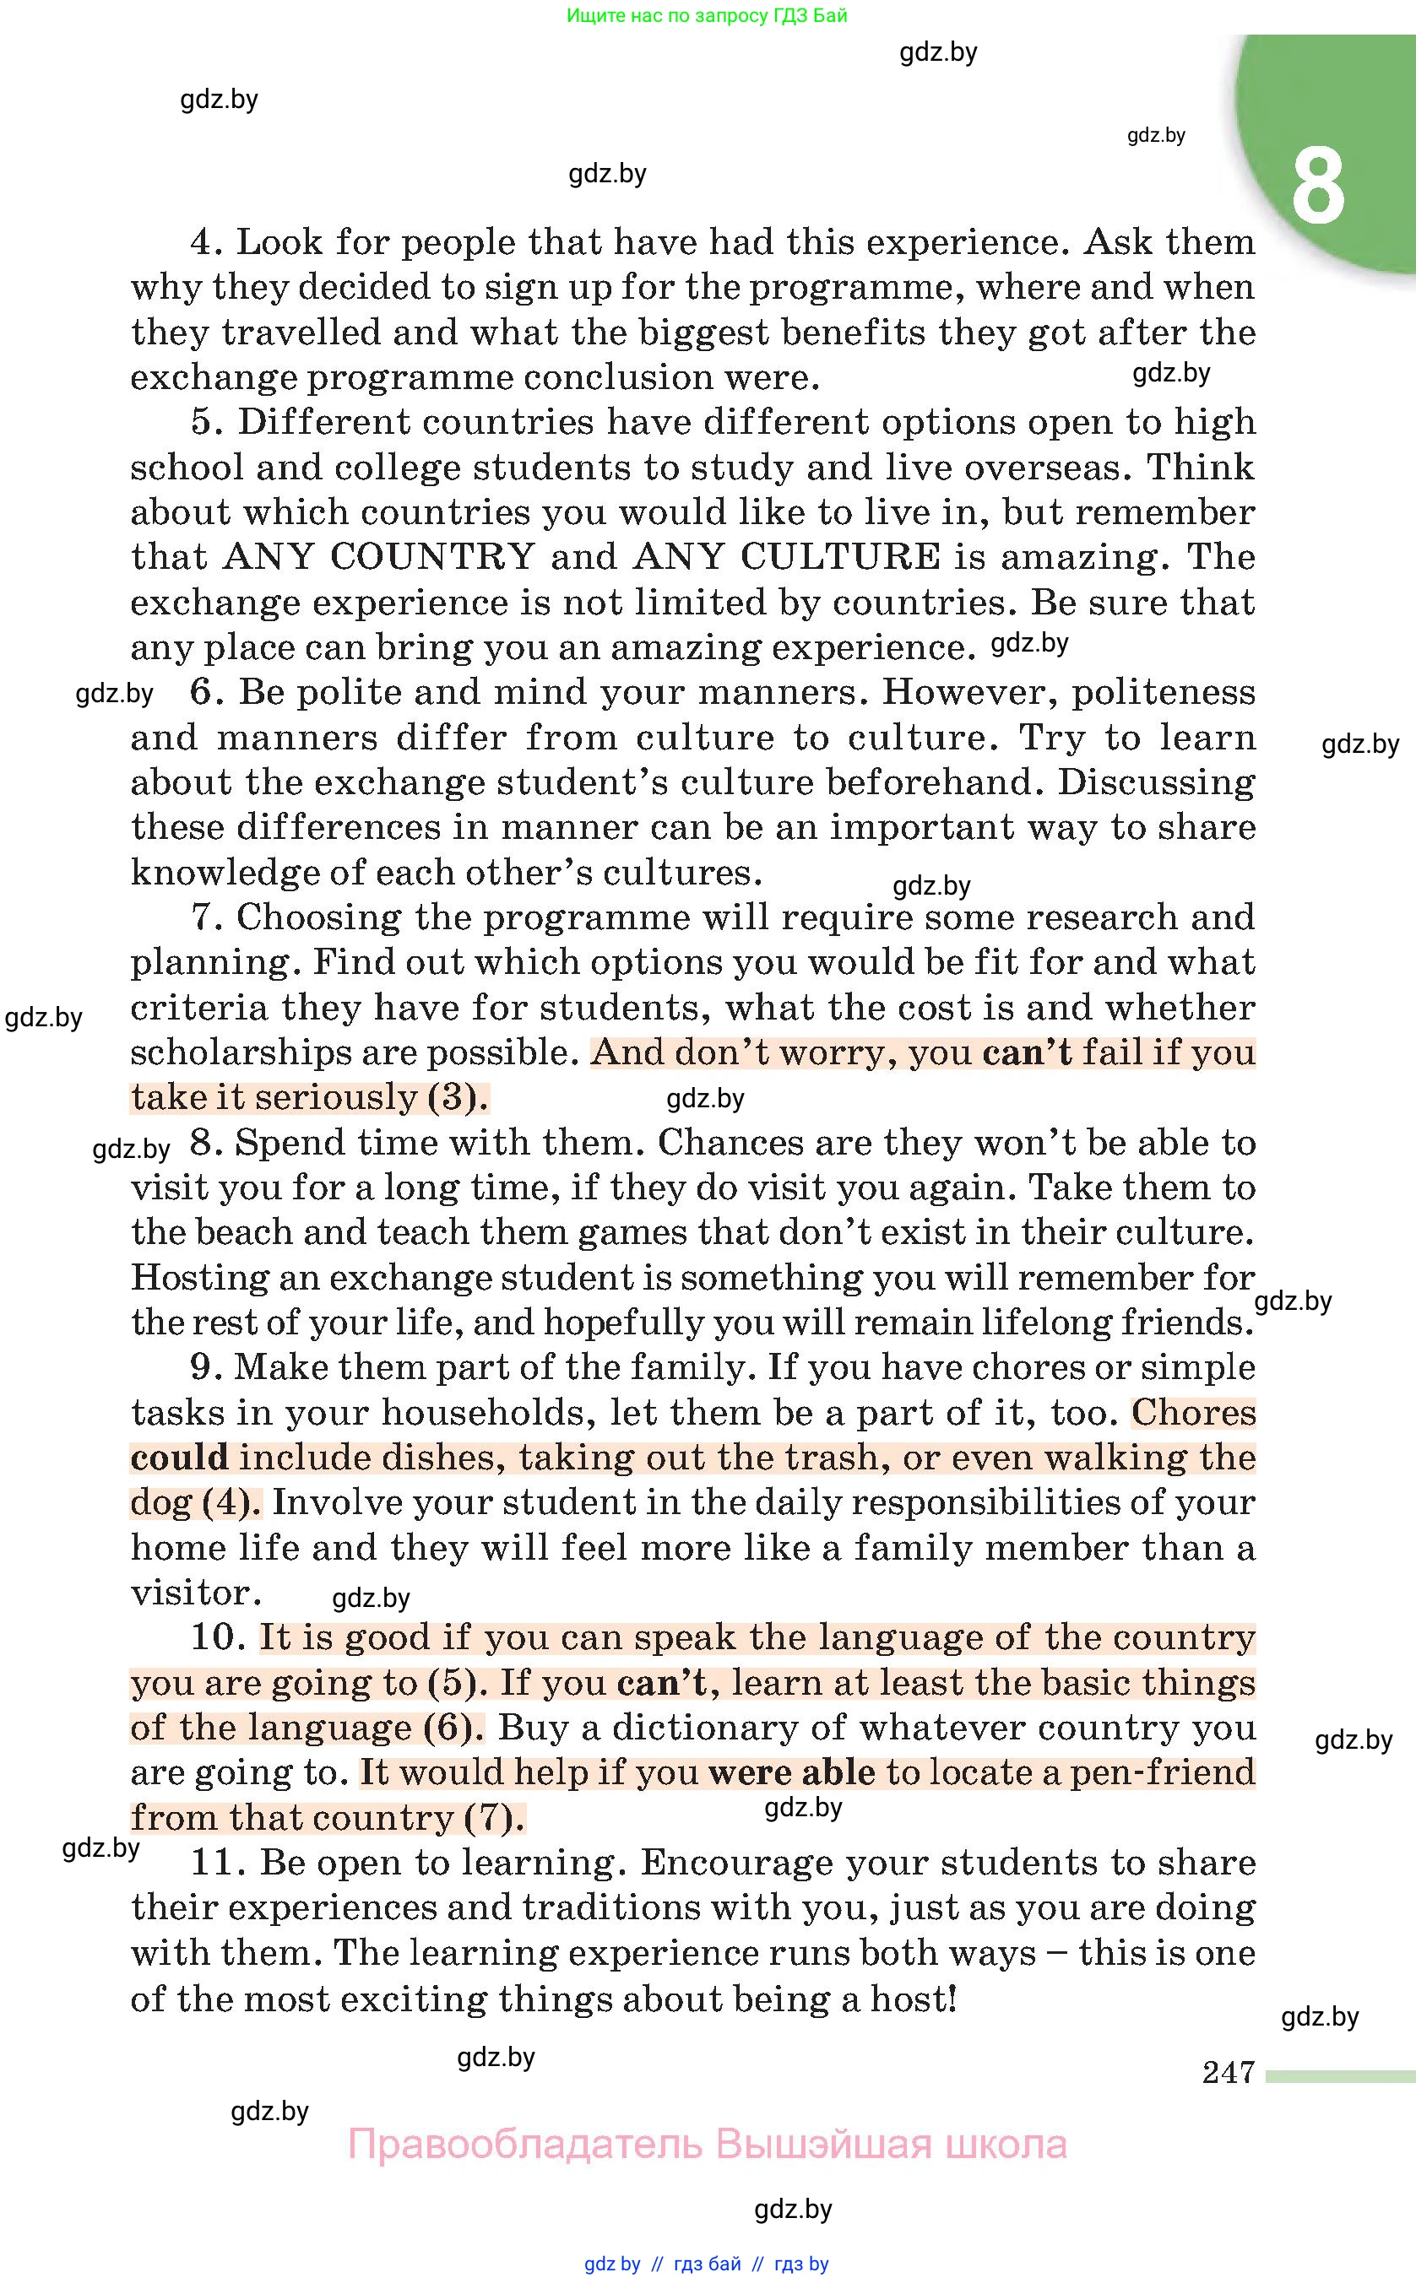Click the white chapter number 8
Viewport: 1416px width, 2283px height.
(1318, 186)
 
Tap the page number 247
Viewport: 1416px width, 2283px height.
(1228, 2072)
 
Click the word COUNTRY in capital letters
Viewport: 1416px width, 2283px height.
(431, 557)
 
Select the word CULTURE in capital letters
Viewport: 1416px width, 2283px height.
(840, 557)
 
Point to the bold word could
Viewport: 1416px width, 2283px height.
(179, 1458)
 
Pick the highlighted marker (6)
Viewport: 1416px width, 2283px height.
(453, 1727)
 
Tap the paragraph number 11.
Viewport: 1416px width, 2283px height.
(217, 1863)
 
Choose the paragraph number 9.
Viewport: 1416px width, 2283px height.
(205, 1367)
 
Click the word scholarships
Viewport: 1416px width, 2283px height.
(240, 1052)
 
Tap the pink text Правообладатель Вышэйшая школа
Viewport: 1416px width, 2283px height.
(707, 2144)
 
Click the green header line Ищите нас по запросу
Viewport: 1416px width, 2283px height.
(707, 16)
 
